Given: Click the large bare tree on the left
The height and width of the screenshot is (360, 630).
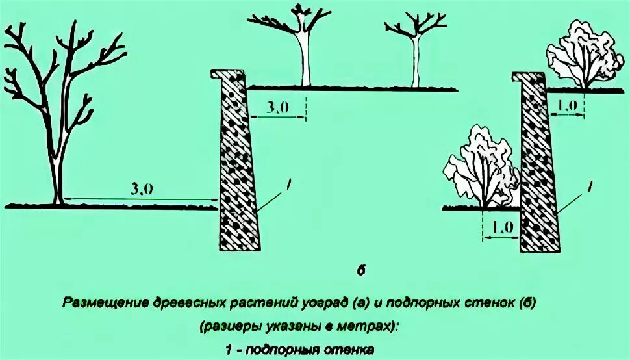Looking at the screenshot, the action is (62, 110).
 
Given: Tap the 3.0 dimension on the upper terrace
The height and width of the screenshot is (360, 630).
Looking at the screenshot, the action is (277, 108).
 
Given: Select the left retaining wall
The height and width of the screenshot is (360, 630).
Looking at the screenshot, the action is (236, 169).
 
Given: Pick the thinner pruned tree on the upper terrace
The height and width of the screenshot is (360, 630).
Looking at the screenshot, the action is (414, 52).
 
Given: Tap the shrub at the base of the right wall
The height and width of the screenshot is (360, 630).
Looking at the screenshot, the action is (481, 169).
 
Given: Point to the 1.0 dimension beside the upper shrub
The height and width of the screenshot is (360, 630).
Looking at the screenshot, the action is (566, 105).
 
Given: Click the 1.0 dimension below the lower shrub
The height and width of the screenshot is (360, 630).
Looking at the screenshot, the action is (501, 227).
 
